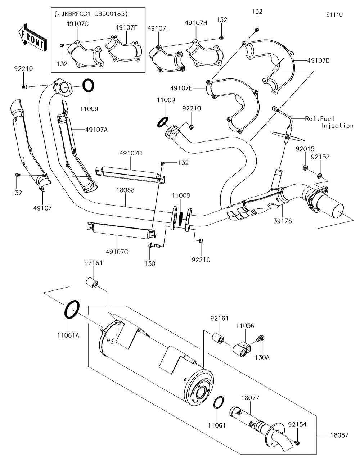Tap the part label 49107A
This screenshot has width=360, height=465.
(96, 130)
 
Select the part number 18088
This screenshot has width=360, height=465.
(125, 190)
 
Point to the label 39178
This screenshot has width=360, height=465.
(283, 221)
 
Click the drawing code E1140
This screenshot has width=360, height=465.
(334, 15)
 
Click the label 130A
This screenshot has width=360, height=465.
(262, 358)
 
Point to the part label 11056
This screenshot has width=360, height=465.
(245, 326)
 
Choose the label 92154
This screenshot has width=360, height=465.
(297, 424)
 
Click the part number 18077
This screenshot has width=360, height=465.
(250, 398)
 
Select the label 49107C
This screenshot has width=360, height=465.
(117, 252)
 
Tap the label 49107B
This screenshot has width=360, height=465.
(131, 153)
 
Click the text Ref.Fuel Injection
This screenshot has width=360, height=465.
(329, 122)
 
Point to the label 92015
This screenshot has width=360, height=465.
(305, 149)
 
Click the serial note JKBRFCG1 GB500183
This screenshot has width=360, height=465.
(91, 14)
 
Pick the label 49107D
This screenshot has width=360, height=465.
(319, 61)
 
